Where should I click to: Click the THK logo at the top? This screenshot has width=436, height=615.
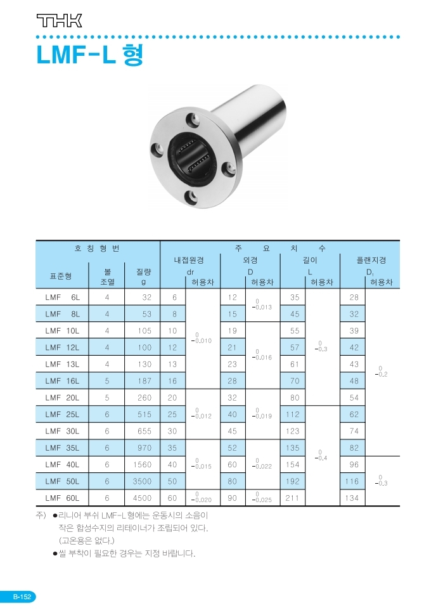pos(59,21)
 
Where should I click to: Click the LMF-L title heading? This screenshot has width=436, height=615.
pos(90,55)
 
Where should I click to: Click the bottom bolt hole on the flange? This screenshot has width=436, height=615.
pos(191,195)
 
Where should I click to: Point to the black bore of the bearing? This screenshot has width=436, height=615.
pos(192,157)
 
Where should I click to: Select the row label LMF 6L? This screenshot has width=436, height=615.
pos(62,297)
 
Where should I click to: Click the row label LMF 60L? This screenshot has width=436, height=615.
pos(62,498)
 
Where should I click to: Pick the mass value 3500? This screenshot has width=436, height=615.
pos(142,481)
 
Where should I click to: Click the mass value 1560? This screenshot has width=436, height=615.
pos(142,464)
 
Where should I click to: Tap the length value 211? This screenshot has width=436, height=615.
pos(293,498)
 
